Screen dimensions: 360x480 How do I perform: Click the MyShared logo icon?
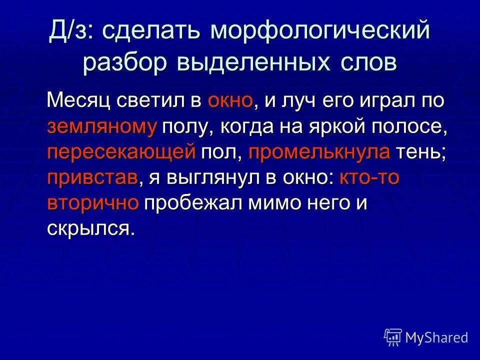click(x=392, y=337)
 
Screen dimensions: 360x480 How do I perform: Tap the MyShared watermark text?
click(x=436, y=338)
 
